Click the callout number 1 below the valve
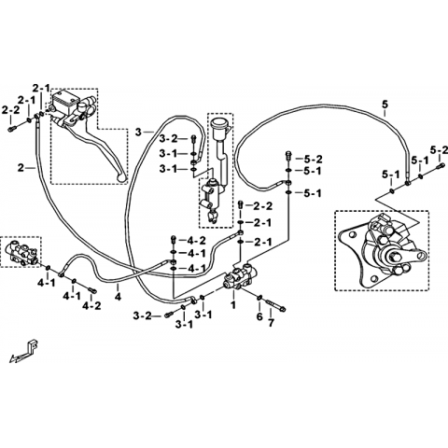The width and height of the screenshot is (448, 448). pos(232,304)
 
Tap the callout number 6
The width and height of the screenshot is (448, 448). pos(259,316)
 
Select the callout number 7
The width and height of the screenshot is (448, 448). pos(271,323)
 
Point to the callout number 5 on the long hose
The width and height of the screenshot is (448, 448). pos(385,105)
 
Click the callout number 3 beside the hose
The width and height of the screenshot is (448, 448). pos(138,133)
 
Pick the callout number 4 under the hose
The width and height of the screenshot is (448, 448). pos(118,296)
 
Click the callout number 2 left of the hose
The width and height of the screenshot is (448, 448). pos(21,168)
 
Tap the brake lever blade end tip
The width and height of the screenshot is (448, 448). pos(122,178)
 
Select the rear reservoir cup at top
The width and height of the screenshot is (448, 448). pos(218,123)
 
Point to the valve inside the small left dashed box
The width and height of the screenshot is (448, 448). pos(21,253)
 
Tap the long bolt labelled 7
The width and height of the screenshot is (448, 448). pos(276,305)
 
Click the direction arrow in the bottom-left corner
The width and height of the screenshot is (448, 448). pos(24,352)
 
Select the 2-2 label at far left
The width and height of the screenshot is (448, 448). pos(10,110)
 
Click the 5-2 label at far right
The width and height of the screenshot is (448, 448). pos(439,150)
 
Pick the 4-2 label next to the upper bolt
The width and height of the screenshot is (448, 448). pos(197,240)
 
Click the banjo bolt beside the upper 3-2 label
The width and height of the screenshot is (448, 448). pos(193,139)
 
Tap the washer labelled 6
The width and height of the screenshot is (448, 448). pos(259,299)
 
